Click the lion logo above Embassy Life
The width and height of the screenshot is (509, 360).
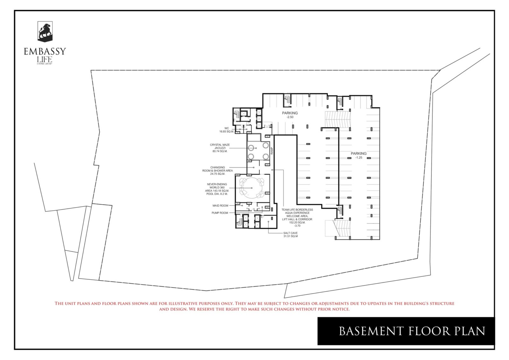click(45, 31)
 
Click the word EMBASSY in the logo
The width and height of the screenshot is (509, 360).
click(45, 52)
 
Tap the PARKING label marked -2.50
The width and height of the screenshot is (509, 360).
click(290, 113)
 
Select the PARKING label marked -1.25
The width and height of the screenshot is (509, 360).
click(359, 154)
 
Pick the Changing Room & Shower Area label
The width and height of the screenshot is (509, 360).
click(218, 170)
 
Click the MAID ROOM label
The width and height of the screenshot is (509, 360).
click(220, 206)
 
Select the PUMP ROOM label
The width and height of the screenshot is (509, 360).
click(220, 213)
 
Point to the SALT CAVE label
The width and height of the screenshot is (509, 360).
click(290, 233)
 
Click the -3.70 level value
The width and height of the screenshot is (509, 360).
click(297, 226)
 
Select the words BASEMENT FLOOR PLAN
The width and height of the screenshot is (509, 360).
click(412, 331)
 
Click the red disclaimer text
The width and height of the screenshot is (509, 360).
click(254, 306)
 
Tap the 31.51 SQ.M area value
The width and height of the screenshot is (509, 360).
click(290, 236)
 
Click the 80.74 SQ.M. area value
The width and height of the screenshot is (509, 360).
click(220, 151)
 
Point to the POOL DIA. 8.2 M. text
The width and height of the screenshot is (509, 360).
click(217, 194)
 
